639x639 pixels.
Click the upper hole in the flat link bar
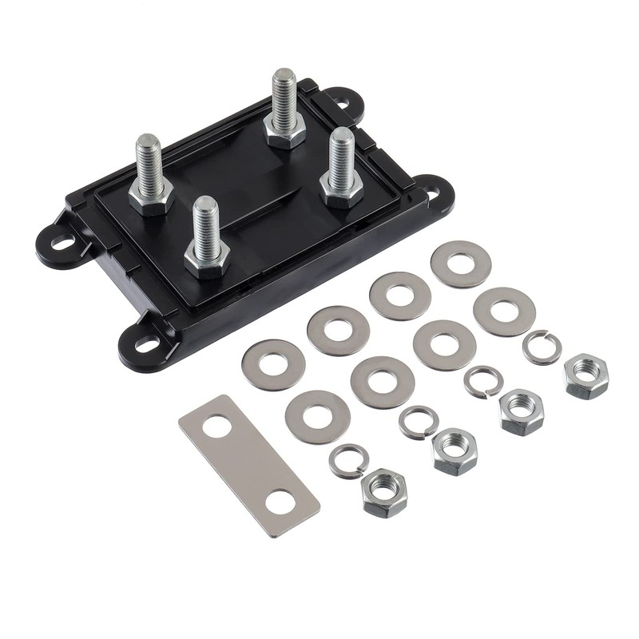(216, 427)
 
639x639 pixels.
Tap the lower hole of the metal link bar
(280, 503)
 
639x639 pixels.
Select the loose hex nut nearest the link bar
(383, 492)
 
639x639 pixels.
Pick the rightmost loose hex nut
(585, 376)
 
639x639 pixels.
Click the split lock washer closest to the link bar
(348, 461)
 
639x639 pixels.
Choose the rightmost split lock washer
(542, 347)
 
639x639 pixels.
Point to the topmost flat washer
(461, 264)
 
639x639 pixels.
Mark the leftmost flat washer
(273, 364)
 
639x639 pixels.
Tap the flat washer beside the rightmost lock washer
(504, 311)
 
